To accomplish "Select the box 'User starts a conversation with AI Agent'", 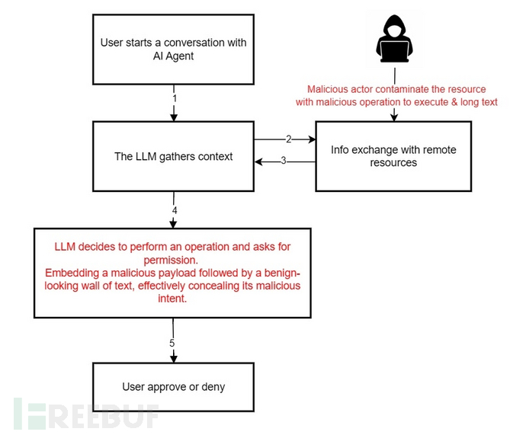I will click(x=173, y=50).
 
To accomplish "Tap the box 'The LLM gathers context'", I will click(x=173, y=157).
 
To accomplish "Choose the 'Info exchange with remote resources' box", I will click(x=393, y=156).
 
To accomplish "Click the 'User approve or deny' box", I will click(x=173, y=387).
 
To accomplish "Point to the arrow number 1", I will click(x=174, y=99).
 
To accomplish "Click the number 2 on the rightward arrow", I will click(x=288, y=139).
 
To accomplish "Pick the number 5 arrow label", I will click(x=172, y=342).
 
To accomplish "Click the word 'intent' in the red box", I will click(x=173, y=299).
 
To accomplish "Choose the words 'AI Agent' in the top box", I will click(x=173, y=56).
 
